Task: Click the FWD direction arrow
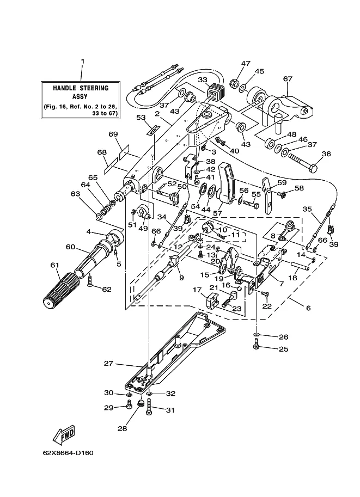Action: click(64, 434)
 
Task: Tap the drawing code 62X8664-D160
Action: click(68, 452)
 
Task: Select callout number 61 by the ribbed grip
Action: click(55, 265)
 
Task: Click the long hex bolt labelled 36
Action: click(303, 162)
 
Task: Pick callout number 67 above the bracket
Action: click(288, 78)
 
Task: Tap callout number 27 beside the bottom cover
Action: click(108, 363)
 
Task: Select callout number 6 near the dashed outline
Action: click(308, 308)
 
